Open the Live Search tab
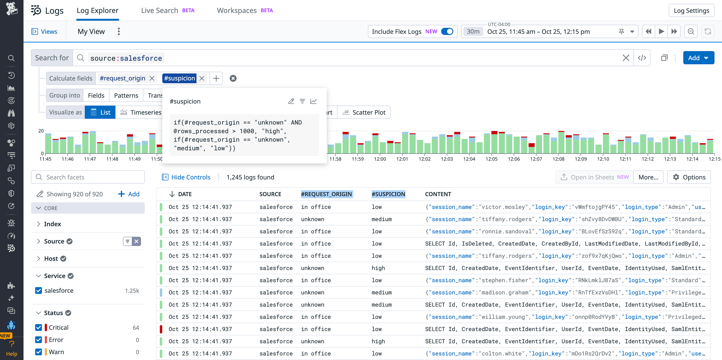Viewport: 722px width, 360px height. [x=159, y=11]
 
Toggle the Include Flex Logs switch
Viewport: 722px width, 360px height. [x=447, y=32]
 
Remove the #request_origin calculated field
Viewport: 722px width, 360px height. [x=152, y=78]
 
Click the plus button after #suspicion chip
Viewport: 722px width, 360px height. [x=216, y=78]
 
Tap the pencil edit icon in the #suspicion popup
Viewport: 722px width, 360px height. [x=291, y=101]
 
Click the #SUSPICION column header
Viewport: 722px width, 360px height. [x=388, y=194]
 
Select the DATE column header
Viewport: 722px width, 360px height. [x=185, y=194]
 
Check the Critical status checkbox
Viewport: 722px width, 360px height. [x=39, y=327]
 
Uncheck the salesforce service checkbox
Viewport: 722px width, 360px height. [x=39, y=290]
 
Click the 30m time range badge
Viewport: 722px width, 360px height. [x=473, y=32]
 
